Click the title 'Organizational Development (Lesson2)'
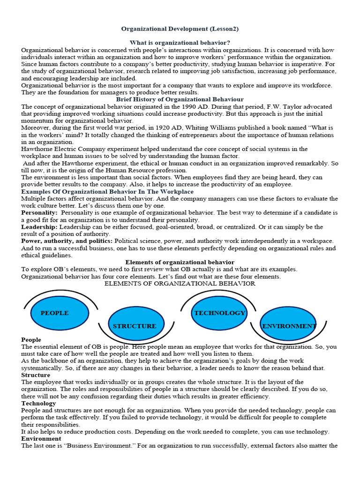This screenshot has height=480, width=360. [x=180, y=29]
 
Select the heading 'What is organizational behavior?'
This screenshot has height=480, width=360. [x=180, y=43]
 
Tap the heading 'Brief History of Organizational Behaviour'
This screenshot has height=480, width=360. [x=180, y=99]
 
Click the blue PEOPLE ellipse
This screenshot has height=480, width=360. [x=59, y=313]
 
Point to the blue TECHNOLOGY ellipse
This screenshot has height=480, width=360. [x=219, y=313]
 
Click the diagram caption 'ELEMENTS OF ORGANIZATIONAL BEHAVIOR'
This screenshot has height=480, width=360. [x=180, y=284]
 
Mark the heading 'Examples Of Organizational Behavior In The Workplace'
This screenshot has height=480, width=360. [x=107, y=192]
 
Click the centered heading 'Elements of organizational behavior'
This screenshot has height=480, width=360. [x=180, y=262]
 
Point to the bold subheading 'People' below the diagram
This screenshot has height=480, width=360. [x=31, y=339]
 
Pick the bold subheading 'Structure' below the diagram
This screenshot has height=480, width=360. [x=36, y=375]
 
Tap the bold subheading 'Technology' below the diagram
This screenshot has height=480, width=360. [x=39, y=403]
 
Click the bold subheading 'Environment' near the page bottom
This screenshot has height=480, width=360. [x=41, y=438]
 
